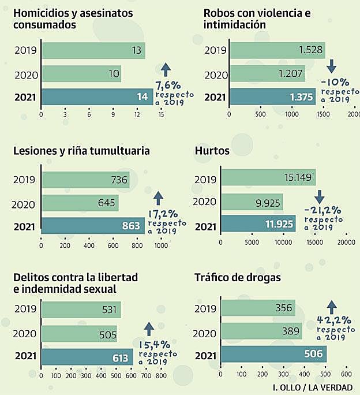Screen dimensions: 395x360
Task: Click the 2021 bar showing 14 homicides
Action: [97, 97]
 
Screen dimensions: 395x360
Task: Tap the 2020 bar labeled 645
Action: [80, 203]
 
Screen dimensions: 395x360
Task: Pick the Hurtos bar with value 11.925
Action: [258, 224]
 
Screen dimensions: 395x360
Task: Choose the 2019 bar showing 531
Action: [81, 310]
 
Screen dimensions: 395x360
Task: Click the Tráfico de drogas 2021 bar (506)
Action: [273, 354]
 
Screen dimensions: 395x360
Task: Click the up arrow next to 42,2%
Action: [331, 307]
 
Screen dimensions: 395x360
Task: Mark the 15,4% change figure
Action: [154, 345]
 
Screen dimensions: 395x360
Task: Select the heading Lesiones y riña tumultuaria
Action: [81, 151]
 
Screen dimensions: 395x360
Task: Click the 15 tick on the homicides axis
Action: [161, 114]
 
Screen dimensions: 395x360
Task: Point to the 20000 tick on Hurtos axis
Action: [346, 243]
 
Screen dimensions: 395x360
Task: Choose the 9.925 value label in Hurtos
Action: [265, 202]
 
